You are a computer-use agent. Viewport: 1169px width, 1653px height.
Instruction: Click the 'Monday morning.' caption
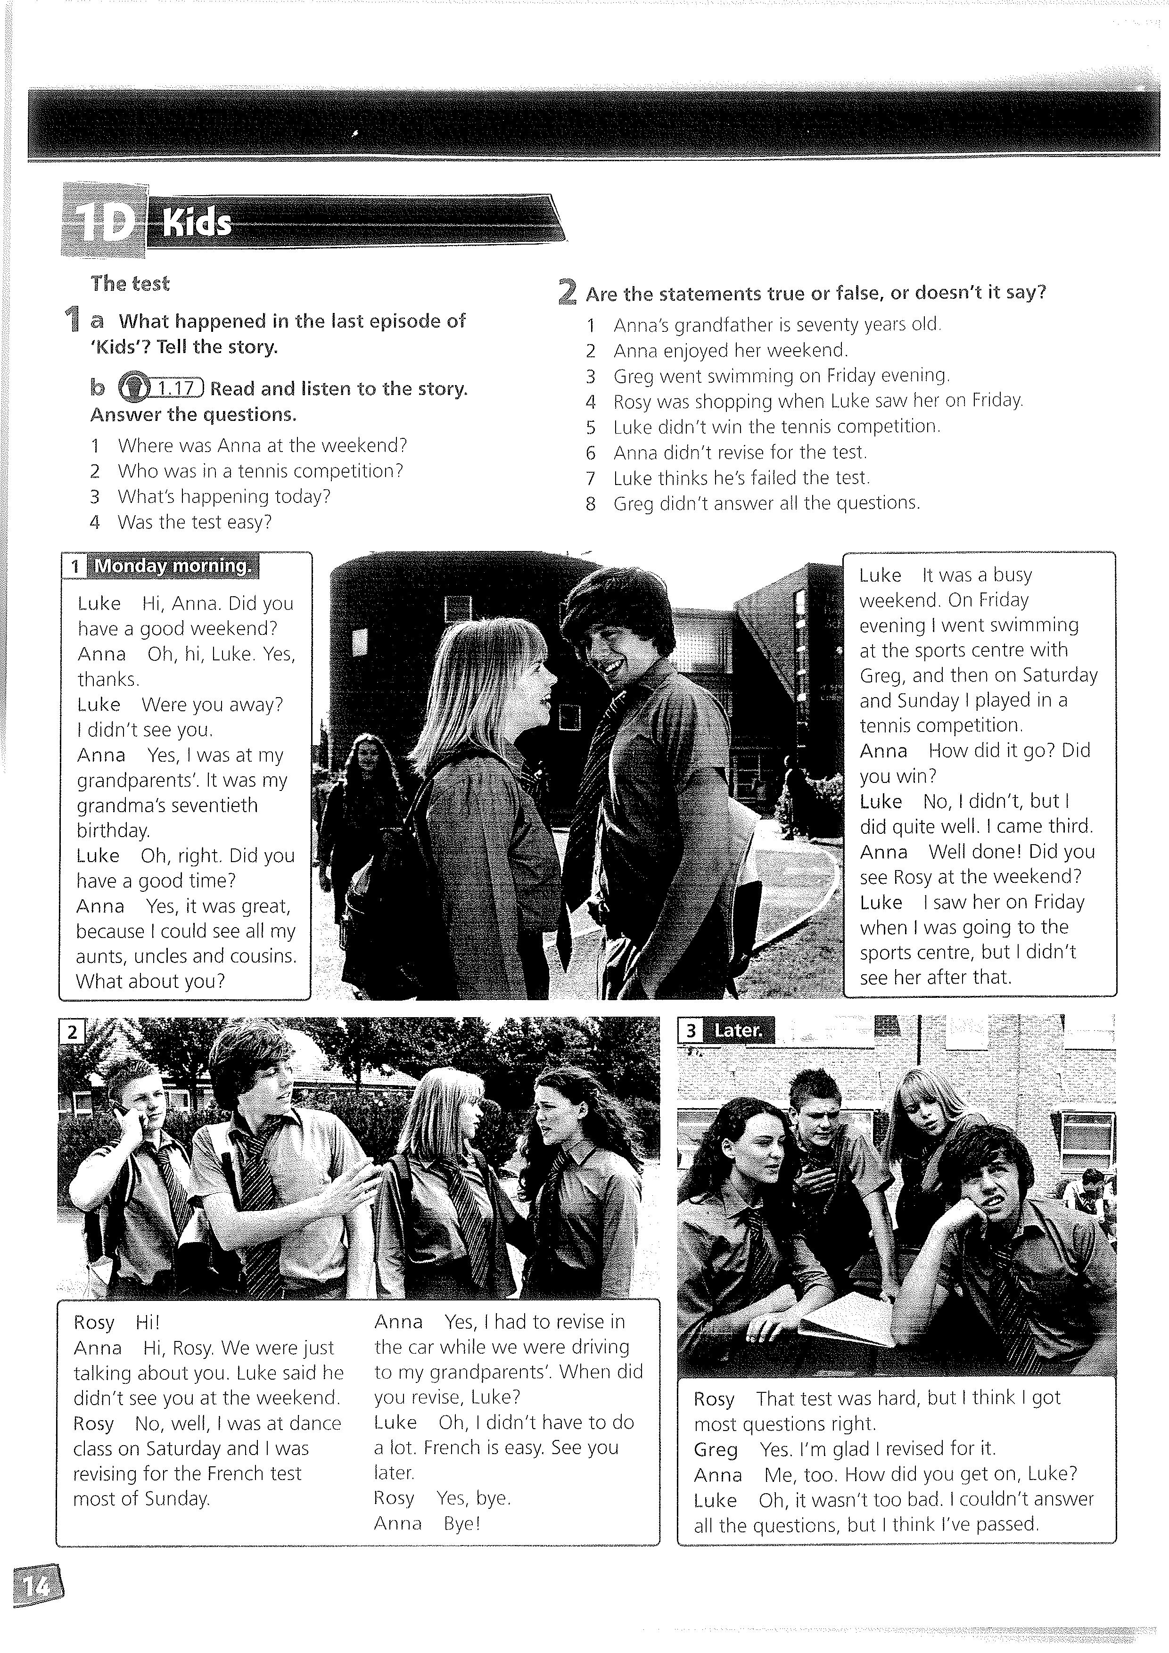173,566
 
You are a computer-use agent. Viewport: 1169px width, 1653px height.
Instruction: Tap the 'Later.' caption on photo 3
738,1030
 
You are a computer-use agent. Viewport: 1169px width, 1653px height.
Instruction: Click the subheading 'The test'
130,284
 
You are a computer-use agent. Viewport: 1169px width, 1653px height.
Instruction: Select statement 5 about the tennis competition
776,427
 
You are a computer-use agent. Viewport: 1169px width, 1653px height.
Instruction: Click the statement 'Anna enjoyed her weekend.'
731,351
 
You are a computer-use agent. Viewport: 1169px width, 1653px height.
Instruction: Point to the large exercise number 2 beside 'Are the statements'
567,292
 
